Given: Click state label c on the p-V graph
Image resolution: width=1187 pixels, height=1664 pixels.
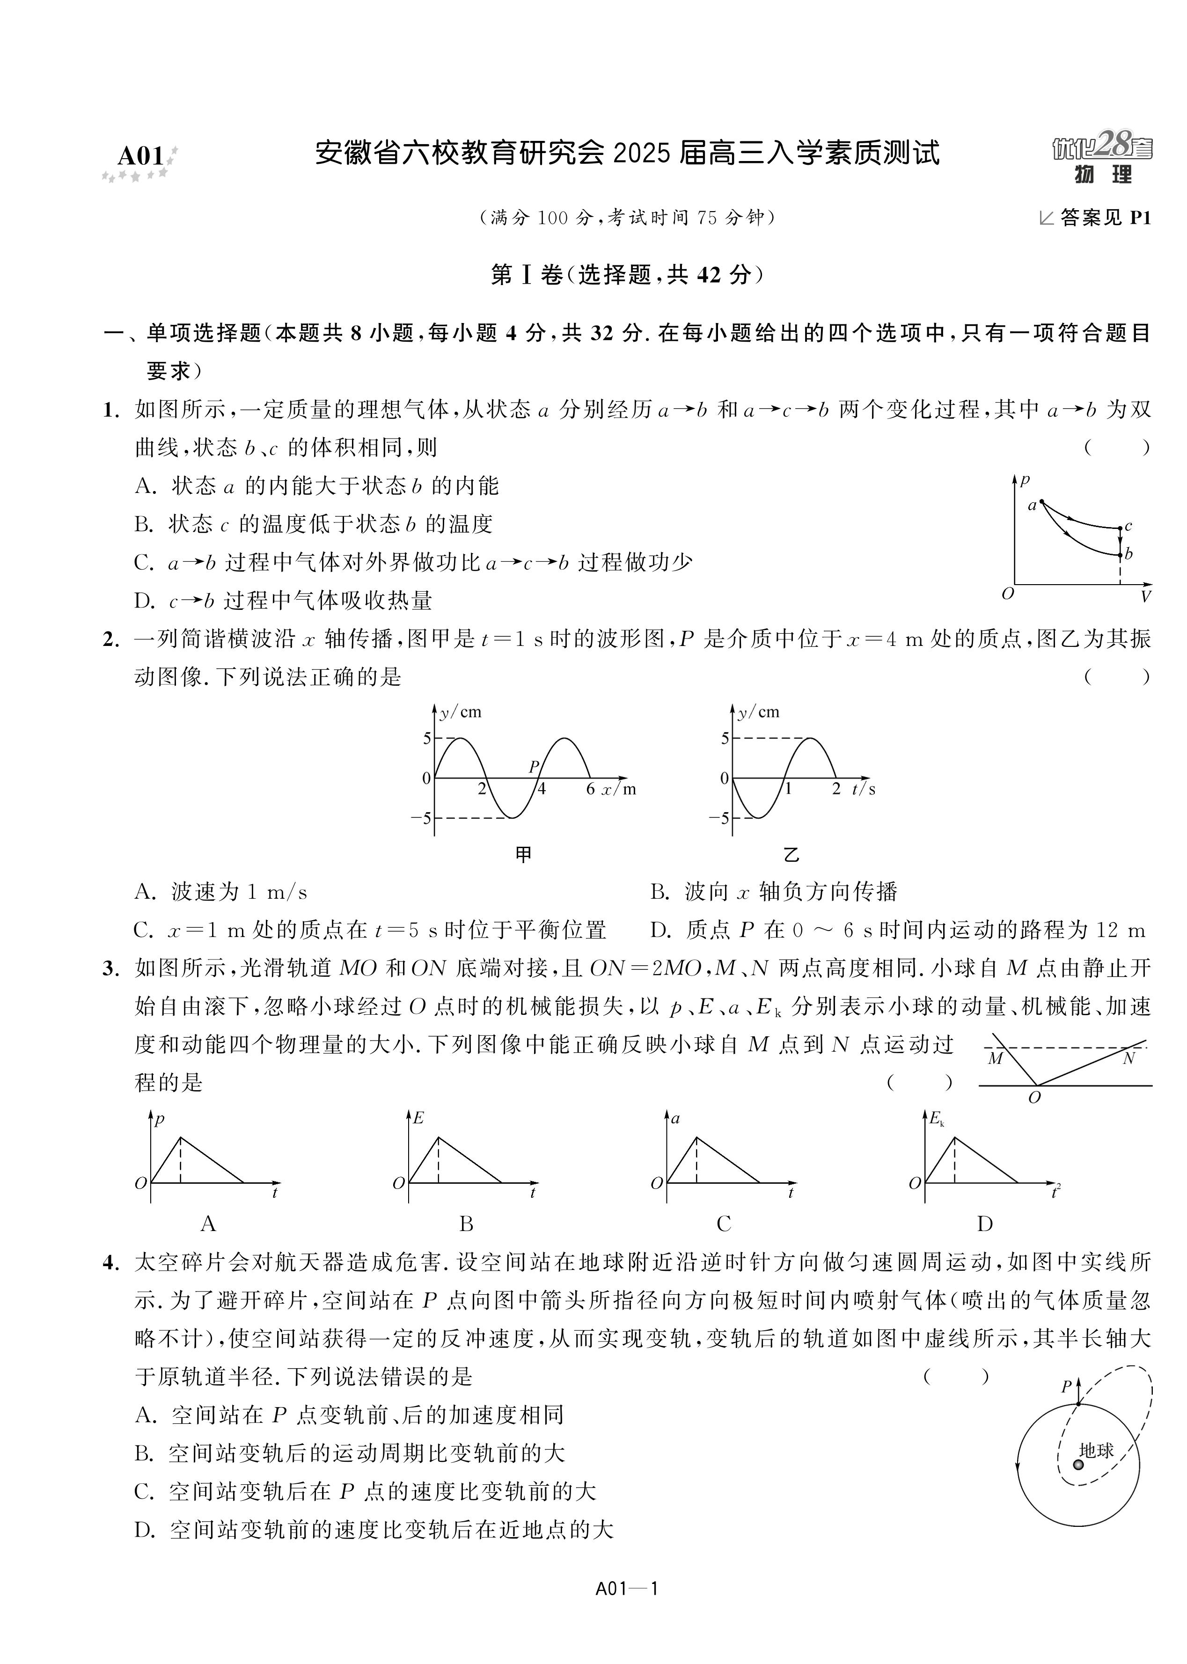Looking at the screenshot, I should click(x=1128, y=526).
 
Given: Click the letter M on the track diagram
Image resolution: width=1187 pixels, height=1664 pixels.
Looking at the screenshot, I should click(x=995, y=1059).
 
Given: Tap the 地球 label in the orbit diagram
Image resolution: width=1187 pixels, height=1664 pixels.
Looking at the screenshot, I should click(x=1096, y=1451).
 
